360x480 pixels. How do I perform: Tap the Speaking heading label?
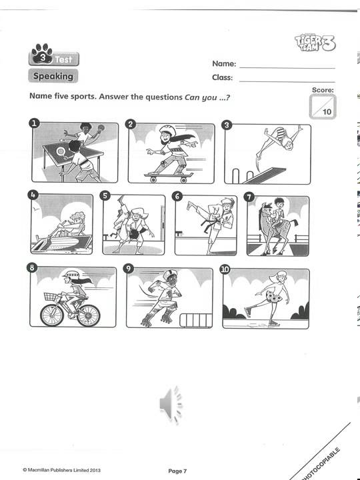pos(53,76)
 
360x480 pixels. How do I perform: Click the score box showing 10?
pos(323,107)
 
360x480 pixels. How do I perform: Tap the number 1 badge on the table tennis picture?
pos(35,123)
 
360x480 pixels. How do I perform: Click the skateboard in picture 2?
pos(169,176)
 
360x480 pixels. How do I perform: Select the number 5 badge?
pos(105,196)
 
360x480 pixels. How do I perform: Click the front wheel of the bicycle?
pos(88,314)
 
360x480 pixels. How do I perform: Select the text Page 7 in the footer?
pos(177,471)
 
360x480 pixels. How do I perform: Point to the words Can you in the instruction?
pos(200,96)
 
